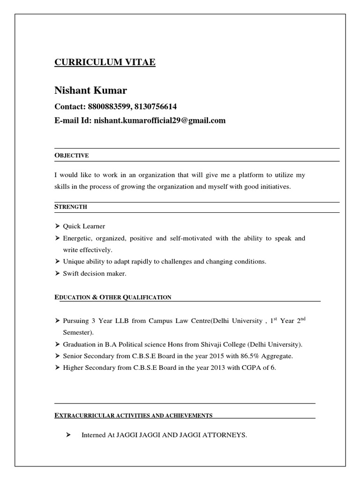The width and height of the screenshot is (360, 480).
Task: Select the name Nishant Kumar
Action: click(90, 90)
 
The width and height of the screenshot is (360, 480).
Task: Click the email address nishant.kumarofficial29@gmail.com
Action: click(159, 120)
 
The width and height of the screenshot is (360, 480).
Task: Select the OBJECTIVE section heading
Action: click(72, 155)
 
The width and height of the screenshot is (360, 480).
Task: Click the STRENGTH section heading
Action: click(71, 207)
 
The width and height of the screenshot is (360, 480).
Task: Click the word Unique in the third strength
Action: click(73, 262)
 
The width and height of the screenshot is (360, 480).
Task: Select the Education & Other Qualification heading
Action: click(113, 297)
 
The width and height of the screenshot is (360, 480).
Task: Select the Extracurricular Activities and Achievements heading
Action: click(134, 415)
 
